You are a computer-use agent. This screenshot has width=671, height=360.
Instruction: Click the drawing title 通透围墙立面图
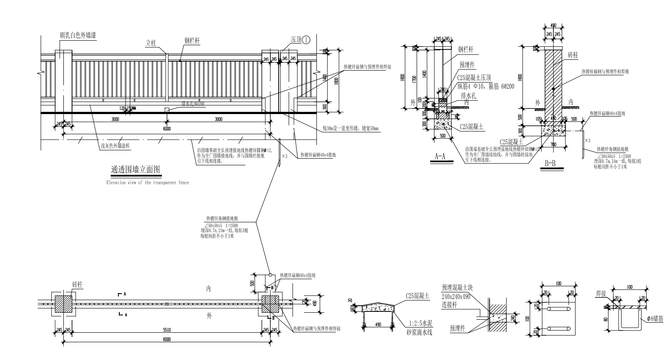[136, 169]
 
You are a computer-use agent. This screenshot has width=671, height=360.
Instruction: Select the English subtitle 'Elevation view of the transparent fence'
[148, 183]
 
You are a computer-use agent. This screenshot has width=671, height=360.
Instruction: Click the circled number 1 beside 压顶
[306, 39]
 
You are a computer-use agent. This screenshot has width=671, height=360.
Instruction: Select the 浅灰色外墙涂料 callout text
[115, 146]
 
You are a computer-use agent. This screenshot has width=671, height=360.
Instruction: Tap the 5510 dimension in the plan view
[167, 331]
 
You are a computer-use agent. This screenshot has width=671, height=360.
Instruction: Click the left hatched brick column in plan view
[64, 304]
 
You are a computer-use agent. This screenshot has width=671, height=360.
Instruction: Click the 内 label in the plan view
[208, 290]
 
